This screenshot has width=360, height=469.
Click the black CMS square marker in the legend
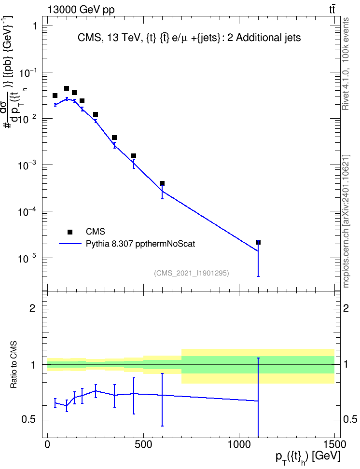click(70, 232)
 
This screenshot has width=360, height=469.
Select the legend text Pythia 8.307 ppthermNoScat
click(140, 244)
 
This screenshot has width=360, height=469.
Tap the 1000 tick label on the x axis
click(239, 444)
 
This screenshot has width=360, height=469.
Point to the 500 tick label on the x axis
click(144, 444)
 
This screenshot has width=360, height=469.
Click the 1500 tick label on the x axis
click(334, 444)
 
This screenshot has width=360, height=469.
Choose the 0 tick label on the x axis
click(47, 444)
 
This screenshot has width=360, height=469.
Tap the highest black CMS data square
click(67, 88)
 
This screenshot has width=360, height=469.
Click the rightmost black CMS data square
click(258, 242)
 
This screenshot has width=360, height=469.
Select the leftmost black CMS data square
click(55, 96)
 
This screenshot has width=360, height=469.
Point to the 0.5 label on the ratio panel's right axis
click(350, 419)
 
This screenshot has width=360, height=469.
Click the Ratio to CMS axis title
click(14, 364)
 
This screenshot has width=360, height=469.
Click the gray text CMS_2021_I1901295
click(192, 273)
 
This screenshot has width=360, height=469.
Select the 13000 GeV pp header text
click(81, 10)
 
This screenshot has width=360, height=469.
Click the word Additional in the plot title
click(258, 38)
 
